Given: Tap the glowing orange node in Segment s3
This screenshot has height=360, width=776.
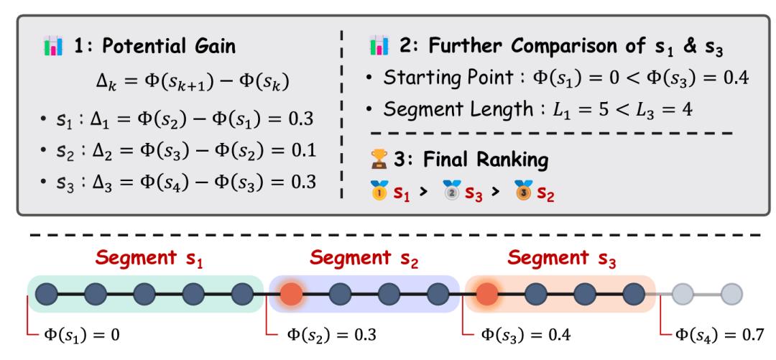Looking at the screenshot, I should click(487, 294).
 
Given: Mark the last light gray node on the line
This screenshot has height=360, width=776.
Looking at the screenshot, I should click(731, 294).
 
